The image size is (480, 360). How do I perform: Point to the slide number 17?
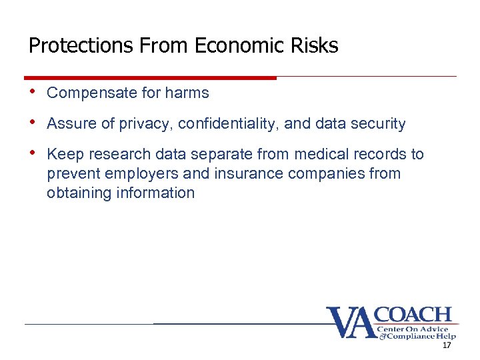(x=446, y=345)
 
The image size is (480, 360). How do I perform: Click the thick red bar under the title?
(x=150, y=78)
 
